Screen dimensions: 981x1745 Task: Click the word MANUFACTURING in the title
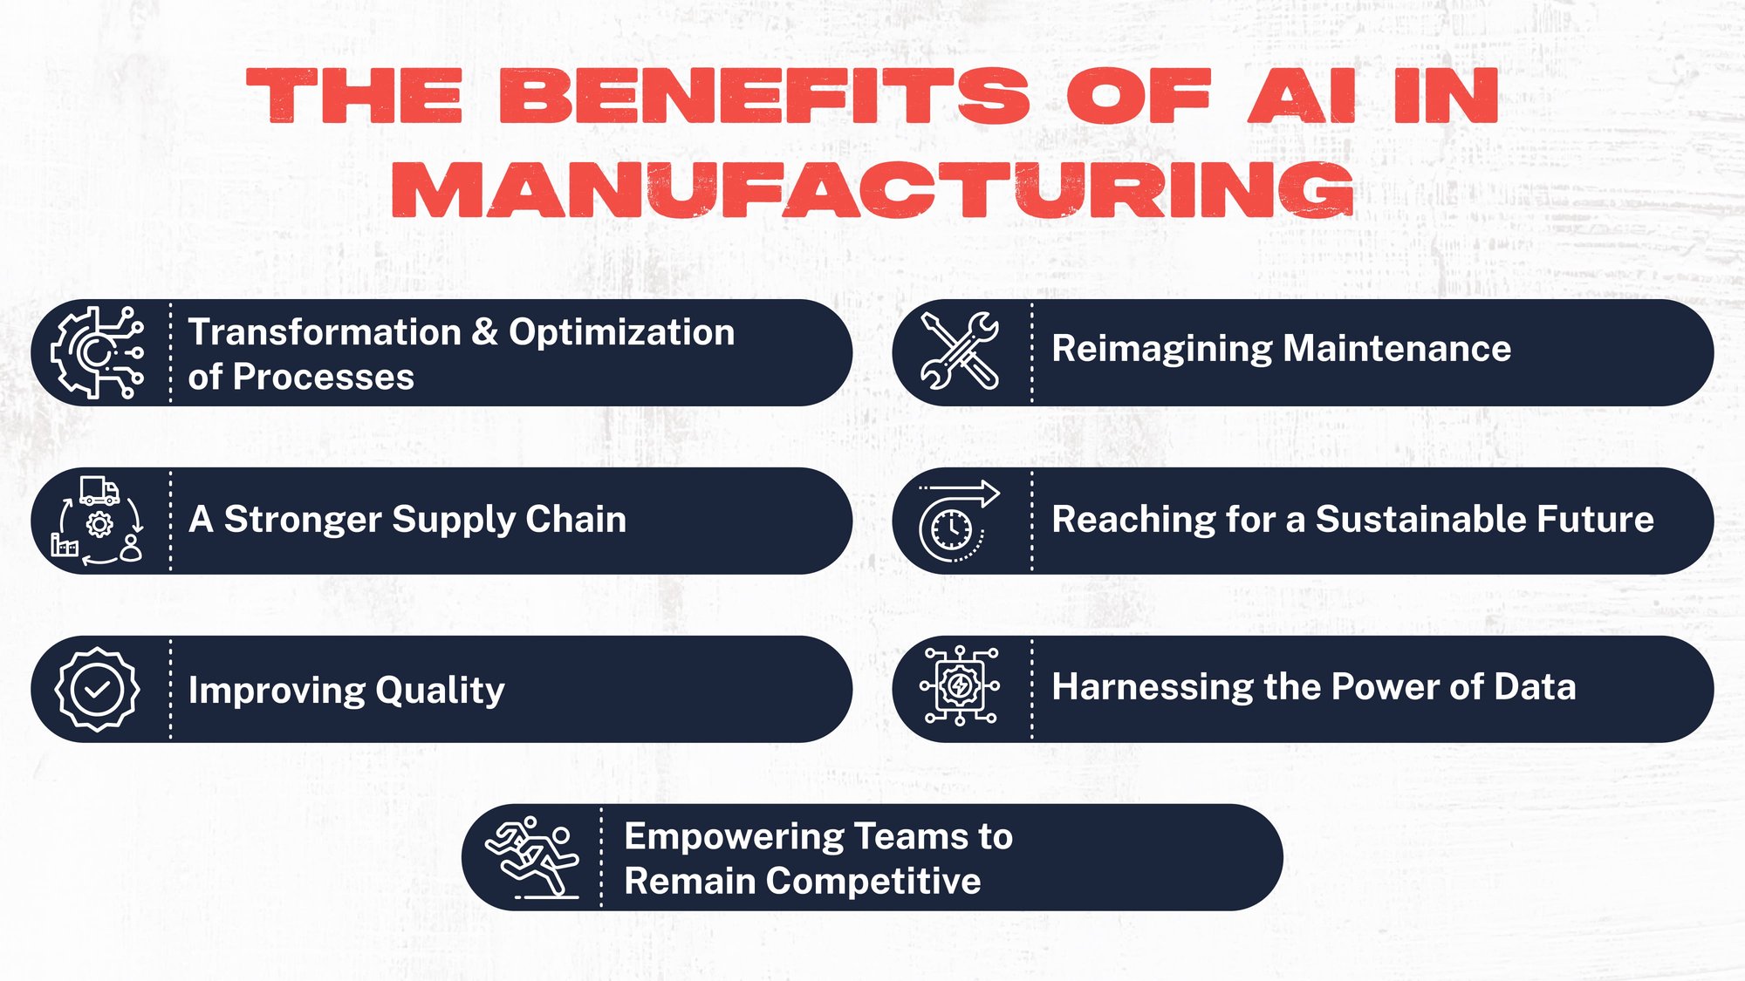(x=872, y=189)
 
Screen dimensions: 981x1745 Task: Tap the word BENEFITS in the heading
(x=764, y=96)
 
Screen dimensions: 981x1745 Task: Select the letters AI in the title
(x=1301, y=96)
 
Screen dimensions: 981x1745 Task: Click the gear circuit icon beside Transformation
(x=97, y=352)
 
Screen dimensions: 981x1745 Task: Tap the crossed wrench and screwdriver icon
(x=960, y=351)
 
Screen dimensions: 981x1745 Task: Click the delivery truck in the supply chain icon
(x=99, y=491)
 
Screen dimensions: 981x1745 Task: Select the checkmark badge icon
(x=97, y=690)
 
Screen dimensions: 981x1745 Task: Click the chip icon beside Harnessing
(x=960, y=686)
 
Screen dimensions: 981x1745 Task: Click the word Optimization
(x=621, y=332)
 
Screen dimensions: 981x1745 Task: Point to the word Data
(x=1535, y=686)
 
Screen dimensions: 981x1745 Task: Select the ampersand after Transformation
(x=485, y=332)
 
